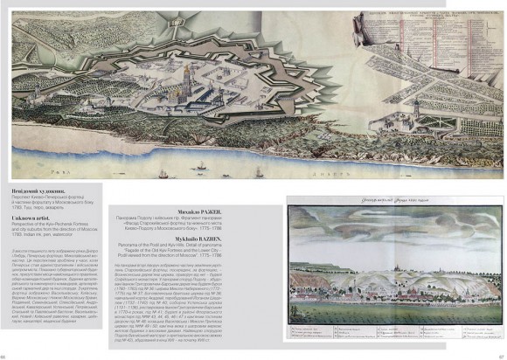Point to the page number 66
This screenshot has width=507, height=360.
(4, 356)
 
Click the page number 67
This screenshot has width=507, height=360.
(502, 356)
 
